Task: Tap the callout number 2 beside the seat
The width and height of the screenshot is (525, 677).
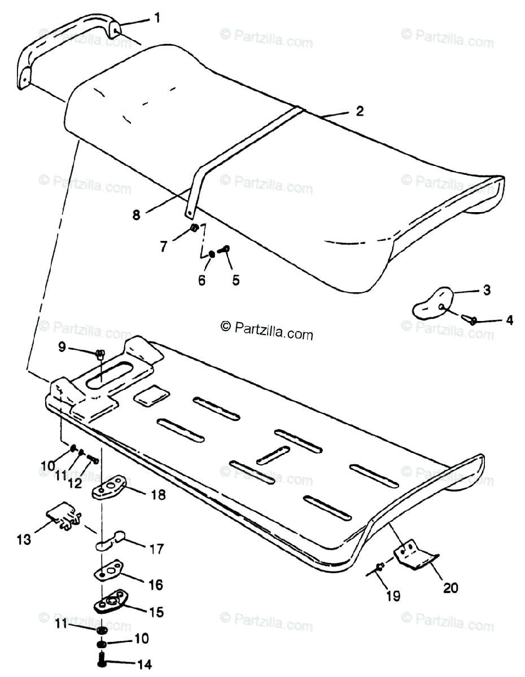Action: (x=359, y=111)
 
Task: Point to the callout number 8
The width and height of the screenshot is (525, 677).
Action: (x=136, y=214)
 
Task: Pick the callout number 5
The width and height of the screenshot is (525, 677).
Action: (x=235, y=279)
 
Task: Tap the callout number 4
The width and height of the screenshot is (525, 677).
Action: (x=509, y=320)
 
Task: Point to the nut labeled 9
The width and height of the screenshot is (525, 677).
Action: (x=100, y=354)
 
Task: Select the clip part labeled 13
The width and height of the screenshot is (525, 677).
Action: (x=61, y=517)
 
